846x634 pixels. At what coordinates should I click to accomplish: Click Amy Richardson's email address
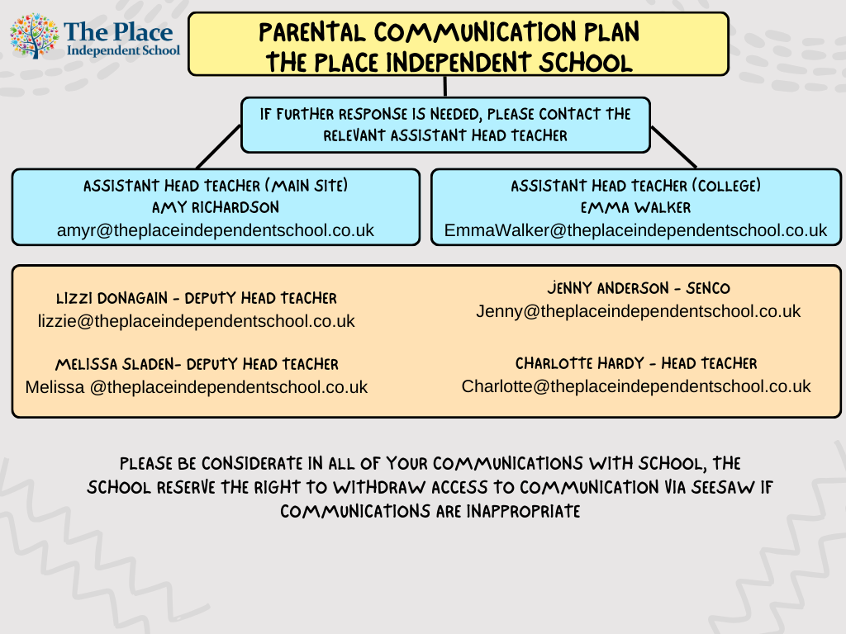[x=216, y=230]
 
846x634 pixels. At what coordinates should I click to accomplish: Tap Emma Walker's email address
[x=635, y=230]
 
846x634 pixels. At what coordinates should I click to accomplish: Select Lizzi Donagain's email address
[x=197, y=321]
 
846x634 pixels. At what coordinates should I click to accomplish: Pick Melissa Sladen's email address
[x=197, y=386]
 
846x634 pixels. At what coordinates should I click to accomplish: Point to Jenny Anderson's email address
[x=638, y=311]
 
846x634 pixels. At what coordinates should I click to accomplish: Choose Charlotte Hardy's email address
[x=636, y=386]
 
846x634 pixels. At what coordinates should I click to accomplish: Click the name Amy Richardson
[x=216, y=208]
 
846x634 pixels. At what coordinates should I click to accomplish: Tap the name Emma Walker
[x=636, y=208]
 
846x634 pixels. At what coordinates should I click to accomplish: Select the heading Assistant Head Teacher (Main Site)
[x=216, y=187]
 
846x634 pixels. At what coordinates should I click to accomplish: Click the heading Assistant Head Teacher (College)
[x=636, y=187]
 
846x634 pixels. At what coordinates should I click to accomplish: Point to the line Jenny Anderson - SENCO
[x=638, y=289]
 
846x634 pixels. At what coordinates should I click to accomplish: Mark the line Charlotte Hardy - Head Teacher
[x=636, y=363]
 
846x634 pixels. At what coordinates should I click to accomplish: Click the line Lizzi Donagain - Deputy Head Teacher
[x=197, y=299]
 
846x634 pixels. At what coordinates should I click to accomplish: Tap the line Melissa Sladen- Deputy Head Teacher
[x=197, y=364]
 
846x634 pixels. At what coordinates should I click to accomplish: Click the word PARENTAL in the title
[x=312, y=33]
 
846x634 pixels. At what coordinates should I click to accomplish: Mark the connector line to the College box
[x=673, y=147]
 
